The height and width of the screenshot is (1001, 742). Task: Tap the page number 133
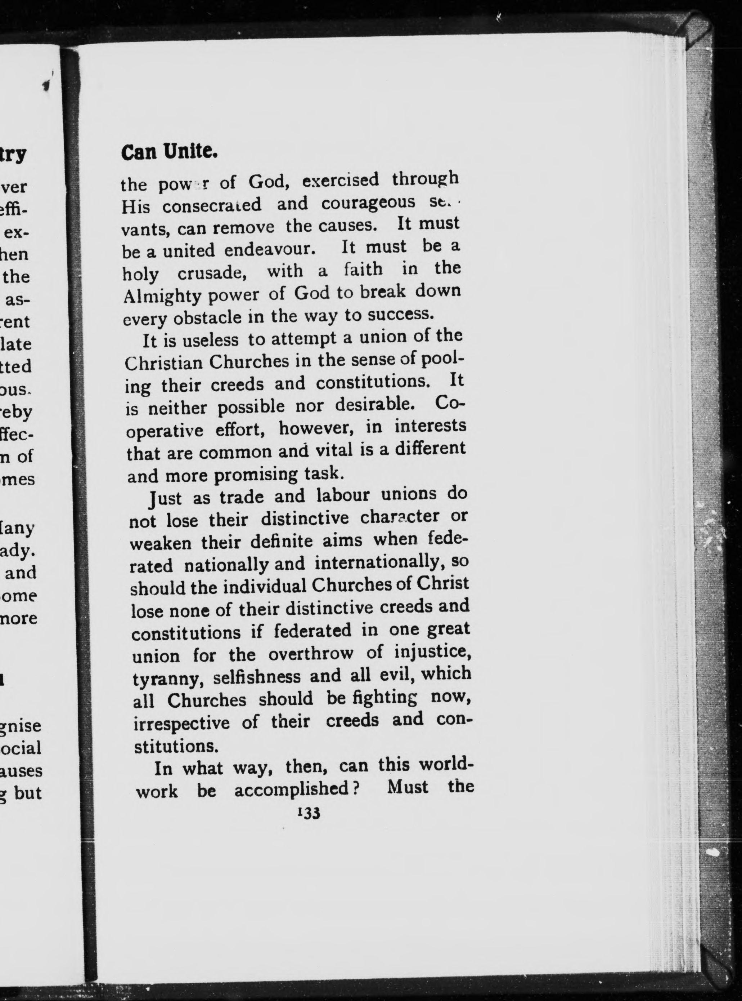308,814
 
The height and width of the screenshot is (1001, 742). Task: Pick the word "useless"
210,340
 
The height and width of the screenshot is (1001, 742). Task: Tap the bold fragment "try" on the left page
13,155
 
